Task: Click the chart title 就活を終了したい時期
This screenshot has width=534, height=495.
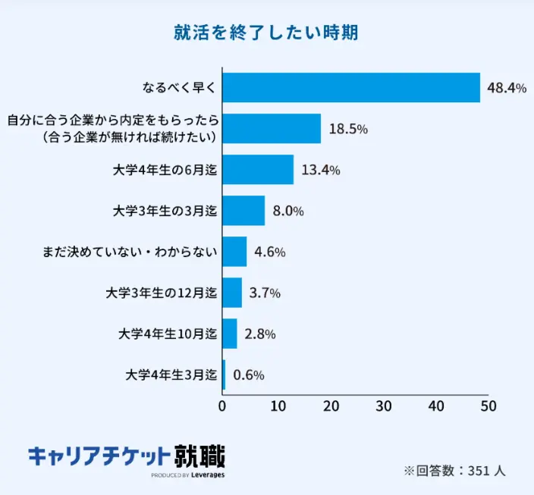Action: (x=266, y=33)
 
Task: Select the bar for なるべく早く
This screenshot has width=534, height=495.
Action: (x=351, y=88)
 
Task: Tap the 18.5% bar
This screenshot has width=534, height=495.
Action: (x=272, y=129)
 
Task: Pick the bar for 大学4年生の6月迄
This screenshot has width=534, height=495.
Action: (x=258, y=170)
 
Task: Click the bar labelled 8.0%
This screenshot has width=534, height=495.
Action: (x=243, y=211)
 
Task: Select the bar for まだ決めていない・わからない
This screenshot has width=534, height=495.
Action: (x=234, y=252)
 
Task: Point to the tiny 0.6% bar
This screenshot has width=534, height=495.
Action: (x=224, y=374)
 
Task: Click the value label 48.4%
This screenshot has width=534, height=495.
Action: (x=507, y=88)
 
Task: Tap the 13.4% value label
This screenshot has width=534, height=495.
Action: (x=320, y=170)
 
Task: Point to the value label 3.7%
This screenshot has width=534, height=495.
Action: (x=265, y=293)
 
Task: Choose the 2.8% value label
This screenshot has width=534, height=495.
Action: (x=259, y=334)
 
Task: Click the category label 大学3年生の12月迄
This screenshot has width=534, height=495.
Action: (x=162, y=293)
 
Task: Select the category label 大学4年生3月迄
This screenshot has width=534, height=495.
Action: (x=171, y=374)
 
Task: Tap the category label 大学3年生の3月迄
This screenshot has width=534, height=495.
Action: (x=165, y=211)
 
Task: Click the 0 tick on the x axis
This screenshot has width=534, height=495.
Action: (x=222, y=406)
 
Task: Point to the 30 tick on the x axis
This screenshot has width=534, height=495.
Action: (x=383, y=406)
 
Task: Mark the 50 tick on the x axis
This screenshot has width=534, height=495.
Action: (x=488, y=406)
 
